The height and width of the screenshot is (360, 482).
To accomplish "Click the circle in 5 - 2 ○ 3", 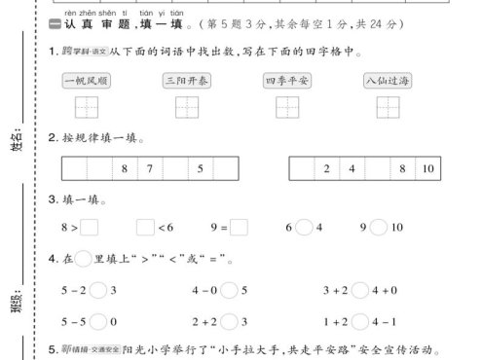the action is coord(99,290).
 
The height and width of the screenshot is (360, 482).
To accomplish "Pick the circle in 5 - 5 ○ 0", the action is coord(99,320).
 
